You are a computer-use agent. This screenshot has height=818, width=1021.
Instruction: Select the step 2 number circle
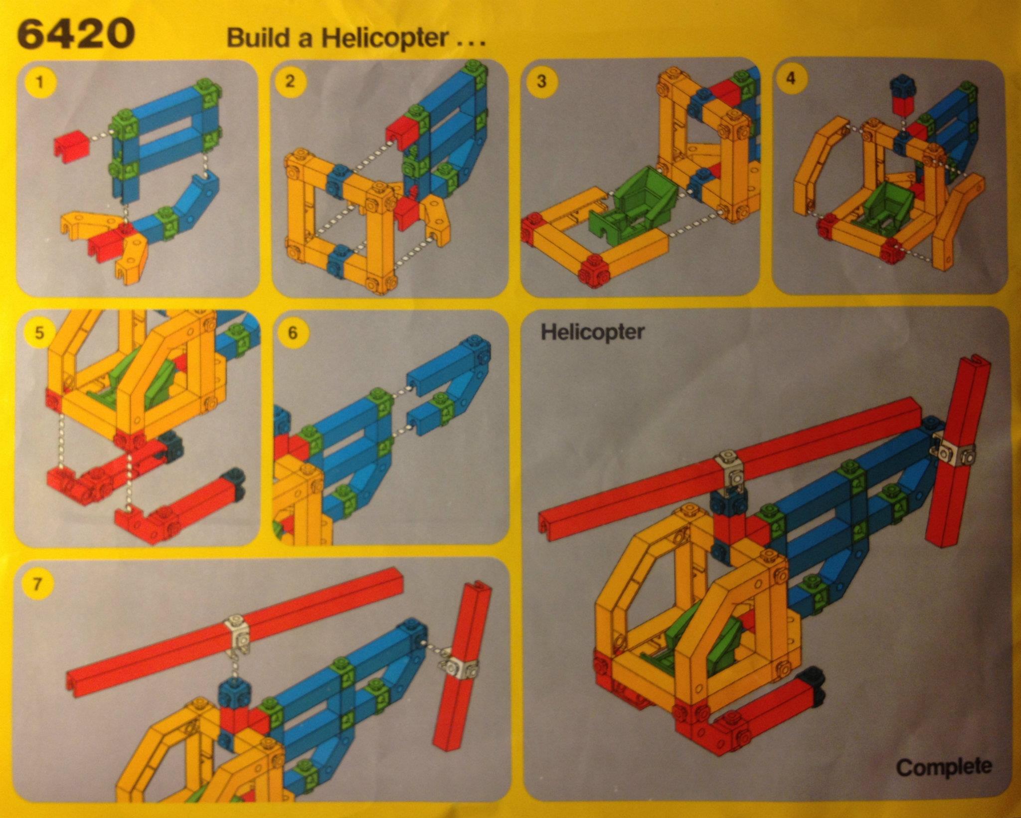(x=290, y=81)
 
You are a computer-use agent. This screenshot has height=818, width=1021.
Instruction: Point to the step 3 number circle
(x=541, y=81)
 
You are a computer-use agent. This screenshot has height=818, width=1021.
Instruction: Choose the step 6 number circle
(x=292, y=332)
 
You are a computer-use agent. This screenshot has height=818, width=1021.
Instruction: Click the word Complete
(x=944, y=766)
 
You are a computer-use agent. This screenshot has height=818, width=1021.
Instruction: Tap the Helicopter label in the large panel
(x=592, y=331)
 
